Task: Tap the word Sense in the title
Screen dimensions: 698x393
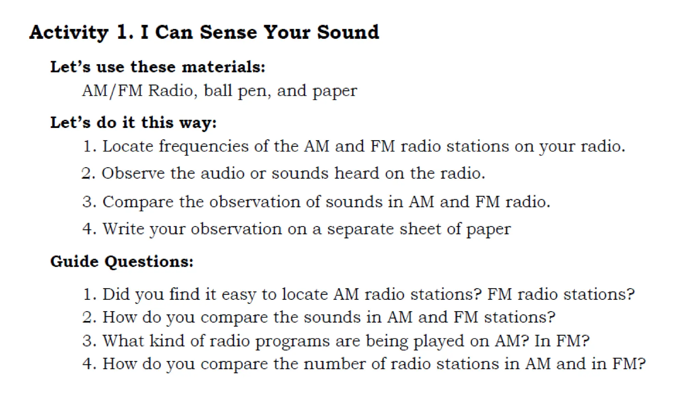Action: (228, 33)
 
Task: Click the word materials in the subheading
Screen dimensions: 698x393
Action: (223, 67)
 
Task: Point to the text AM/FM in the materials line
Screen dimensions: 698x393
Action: (112, 91)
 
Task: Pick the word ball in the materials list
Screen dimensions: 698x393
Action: (218, 91)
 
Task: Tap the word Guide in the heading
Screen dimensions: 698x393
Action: (74, 262)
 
